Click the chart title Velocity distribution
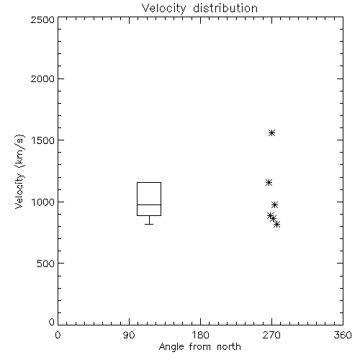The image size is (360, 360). coord(199,9)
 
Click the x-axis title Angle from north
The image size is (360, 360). coord(199,346)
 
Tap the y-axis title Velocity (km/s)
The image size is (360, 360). coord(19,171)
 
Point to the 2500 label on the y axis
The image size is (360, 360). coord(42,19)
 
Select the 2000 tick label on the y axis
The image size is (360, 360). coord(42,78)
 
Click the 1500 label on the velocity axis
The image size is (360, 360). coord(43,140)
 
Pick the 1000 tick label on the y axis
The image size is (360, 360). coord(43,202)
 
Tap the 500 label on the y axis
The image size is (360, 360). coord(46,264)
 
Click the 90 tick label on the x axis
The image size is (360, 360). coord(129,335)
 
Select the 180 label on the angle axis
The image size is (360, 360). coord(200,335)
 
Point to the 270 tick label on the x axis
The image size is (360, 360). coord(271,335)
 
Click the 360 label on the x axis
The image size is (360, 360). coord(343,335)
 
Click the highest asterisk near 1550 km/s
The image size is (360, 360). coord(271,132)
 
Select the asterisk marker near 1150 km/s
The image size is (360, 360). coord(269,182)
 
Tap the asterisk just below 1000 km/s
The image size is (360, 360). coord(275,204)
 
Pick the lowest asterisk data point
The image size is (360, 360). coord(277,225)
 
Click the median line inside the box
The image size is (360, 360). coord(149,204)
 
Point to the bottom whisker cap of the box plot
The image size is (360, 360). coord(149,224)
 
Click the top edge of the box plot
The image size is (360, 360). coord(149,182)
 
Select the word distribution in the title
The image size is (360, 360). coord(225,9)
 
